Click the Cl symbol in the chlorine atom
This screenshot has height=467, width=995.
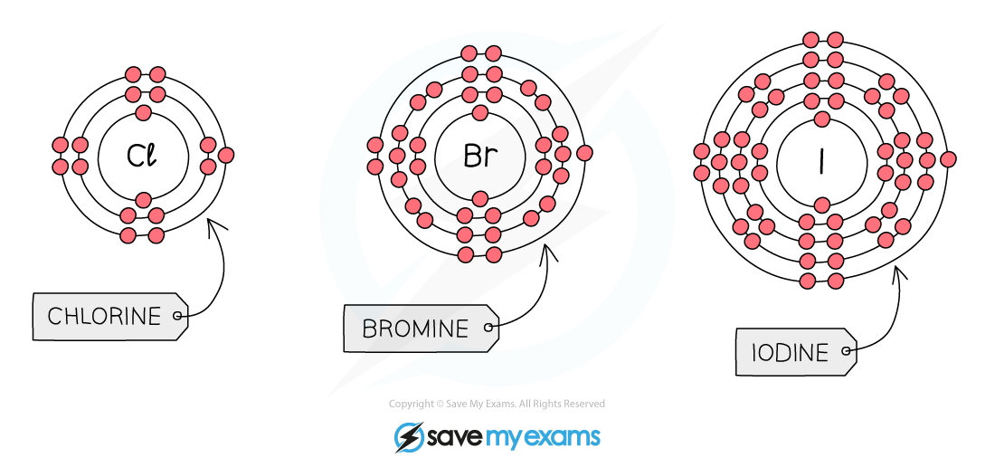[141, 156]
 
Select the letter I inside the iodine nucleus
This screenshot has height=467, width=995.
[821, 161]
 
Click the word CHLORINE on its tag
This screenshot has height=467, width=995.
[104, 316]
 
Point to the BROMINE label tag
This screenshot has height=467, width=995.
[421, 328]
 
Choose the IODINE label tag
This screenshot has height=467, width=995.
[796, 351]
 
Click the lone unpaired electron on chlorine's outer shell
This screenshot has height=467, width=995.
[225, 155]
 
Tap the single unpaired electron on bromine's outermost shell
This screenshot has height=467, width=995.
[585, 153]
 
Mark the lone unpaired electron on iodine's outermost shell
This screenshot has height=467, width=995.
[948, 159]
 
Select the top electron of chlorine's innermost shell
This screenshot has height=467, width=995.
[144, 113]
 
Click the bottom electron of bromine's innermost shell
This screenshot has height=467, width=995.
[480, 197]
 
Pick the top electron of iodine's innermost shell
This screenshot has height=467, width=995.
[821, 119]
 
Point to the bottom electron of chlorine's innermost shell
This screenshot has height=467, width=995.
[144, 200]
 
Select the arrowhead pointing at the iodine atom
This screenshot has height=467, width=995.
[897, 272]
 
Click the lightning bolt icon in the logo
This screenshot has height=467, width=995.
[408, 436]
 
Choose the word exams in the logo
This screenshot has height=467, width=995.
[562, 437]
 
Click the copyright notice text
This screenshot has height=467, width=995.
[497, 404]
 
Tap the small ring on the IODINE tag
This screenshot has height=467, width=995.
[845, 350]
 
